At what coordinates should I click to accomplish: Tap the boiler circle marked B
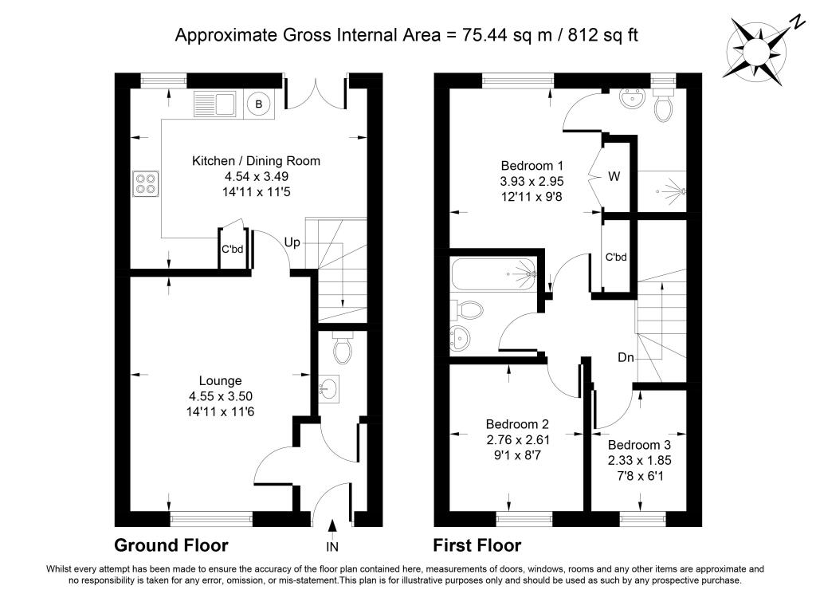click(x=259, y=104)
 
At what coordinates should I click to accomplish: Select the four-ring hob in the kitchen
click(x=147, y=184)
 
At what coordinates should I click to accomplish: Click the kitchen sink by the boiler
click(x=215, y=104)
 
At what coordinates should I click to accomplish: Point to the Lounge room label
click(x=220, y=380)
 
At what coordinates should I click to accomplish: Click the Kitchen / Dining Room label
click(x=256, y=161)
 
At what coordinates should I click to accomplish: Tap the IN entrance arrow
click(x=332, y=527)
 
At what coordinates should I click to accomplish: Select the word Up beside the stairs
click(x=292, y=242)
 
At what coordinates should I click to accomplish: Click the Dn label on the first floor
click(x=626, y=357)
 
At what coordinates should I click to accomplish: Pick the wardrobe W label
click(x=614, y=176)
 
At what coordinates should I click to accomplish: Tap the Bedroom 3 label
click(x=639, y=445)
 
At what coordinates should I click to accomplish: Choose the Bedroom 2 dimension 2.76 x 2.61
click(x=518, y=440)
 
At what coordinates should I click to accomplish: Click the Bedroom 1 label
click(x=532, y=166)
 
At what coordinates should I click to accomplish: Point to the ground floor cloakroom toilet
click(x=343, y=348)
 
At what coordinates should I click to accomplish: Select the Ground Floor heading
click(x=171, y=545)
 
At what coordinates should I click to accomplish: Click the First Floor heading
click(x=477, y=545)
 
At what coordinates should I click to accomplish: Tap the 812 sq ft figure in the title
click(x=602, y=35)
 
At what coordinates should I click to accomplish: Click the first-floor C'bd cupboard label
click(x=616, y=258)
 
